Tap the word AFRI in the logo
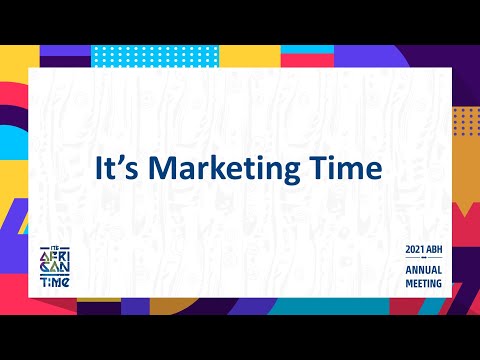click(x=53, y=256)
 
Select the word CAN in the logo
click(x=53, y=268)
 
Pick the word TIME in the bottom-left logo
click(x=53, y=281)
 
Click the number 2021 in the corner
click(x=415, y=248)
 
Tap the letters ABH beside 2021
click(x=438, y=248)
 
